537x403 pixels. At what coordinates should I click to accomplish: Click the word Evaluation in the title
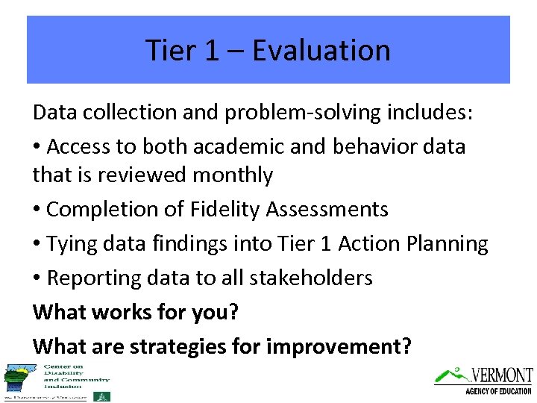pyautogui.click(x=321, y=50)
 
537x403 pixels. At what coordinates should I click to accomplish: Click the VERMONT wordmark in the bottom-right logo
pyautogui.click(x=500, y=375)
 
